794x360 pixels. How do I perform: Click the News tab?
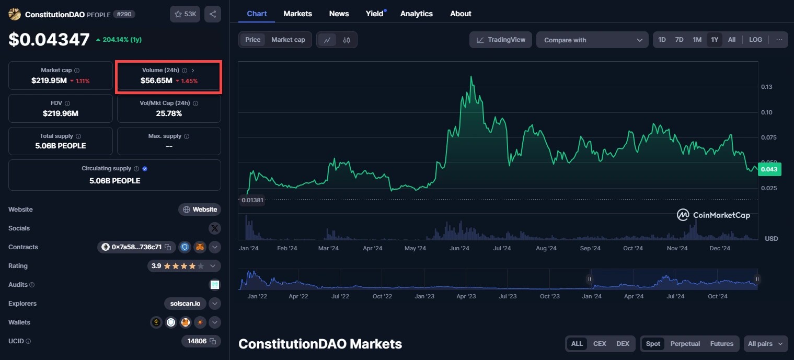(339, 14)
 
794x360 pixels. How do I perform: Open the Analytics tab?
(416, 14)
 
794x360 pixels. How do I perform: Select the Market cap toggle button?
(288, 40)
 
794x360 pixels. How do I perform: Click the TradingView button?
(501, 40)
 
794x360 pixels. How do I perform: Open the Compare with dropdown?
(592, 40)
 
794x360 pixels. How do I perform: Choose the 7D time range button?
(679, 40)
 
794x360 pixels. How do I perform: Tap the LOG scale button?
(755, 40)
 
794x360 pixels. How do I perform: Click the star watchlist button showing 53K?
(185, 14)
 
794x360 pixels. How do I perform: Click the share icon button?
(212, 14)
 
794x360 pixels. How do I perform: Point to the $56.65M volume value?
(156, 80)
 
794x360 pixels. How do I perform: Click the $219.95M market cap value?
(49, 80)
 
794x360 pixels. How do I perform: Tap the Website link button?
(200, 210)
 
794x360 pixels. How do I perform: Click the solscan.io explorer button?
(185, 304)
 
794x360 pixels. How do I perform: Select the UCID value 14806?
(197, 341)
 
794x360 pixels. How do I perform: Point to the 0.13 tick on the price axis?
(767, 87)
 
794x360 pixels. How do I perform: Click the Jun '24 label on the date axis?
(459, 248)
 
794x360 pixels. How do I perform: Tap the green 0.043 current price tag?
(768, 169)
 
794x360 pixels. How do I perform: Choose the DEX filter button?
(623, 344)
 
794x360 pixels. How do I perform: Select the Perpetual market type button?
(685, 344)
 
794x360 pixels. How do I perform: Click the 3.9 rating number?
(156, 266)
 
